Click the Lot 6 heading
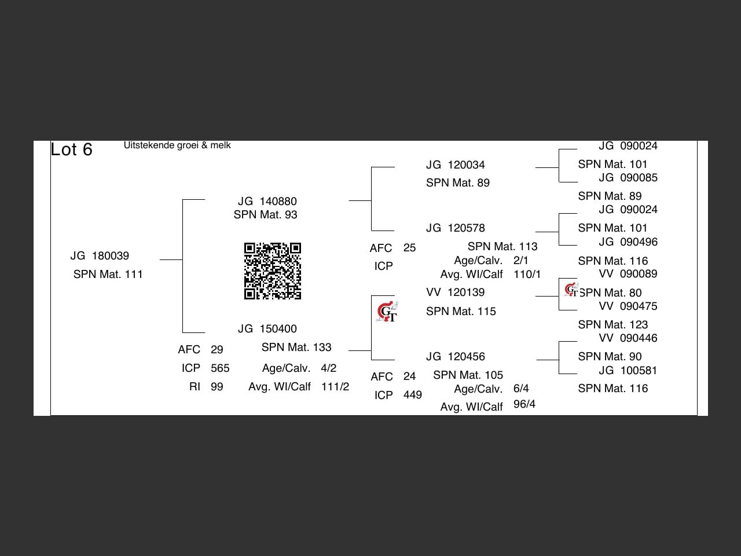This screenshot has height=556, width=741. click(71, 149)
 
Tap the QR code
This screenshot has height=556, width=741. click(273, 271)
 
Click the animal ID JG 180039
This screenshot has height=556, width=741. click(100, 256)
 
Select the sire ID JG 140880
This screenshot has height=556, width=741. click(267, 202)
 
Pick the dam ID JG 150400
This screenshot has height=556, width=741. click(267, 329)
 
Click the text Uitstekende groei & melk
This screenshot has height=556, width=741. click(177, 145)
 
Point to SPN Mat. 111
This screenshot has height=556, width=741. click(108, 275)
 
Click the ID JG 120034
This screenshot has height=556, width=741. click(455, 165)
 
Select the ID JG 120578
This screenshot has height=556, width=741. click(455, 228)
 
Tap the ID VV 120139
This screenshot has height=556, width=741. click(455, 292)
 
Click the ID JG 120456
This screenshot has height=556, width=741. click(455, 357)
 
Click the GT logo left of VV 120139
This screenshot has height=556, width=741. click(387, 312)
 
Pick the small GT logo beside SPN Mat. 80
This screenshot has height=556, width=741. click(571, 290)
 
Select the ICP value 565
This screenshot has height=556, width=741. click(220, 368)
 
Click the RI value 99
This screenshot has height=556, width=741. click(217, 387)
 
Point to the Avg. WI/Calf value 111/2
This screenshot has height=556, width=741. click(335, 387)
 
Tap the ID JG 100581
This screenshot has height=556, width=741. click(628, 371)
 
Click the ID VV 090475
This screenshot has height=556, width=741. click(628, 306)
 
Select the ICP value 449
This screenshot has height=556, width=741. click(412, 395)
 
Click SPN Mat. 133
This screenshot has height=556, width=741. click(296, 348)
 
